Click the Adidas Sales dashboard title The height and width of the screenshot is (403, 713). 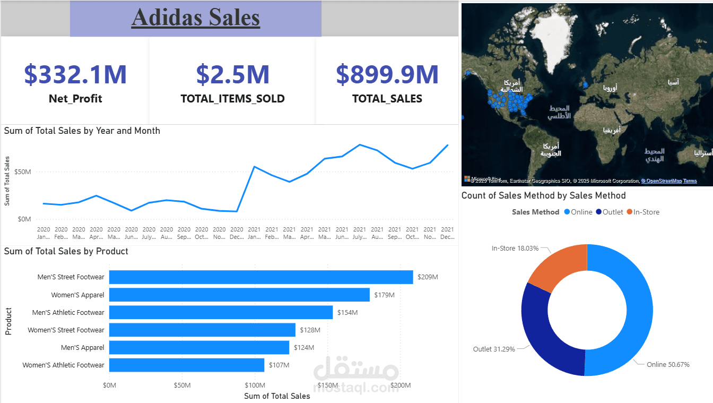(x=196, y=17)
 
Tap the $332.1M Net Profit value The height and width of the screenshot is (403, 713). (x=75, y=74)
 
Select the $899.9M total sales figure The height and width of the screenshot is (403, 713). (x=387, y=74)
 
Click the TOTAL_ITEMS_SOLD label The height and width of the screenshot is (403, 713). (x=232, y=99)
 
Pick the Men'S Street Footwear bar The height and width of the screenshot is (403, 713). (x=260, y=277)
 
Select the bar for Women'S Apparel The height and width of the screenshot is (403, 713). (x=239, y=295)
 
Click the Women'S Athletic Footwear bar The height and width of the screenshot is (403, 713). (x=186, y=365)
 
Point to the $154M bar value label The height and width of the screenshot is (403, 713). (x=347, y=313)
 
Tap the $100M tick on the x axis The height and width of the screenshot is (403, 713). (x=255, y=385)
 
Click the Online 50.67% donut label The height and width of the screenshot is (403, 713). (x=668, y=364)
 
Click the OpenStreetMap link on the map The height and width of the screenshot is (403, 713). (x=662, y=181)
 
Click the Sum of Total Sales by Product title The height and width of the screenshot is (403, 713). (x=66, y=251)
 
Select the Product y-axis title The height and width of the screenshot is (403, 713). (x=8, y=321)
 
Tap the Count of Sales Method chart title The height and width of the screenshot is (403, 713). (x=543, y=195)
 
